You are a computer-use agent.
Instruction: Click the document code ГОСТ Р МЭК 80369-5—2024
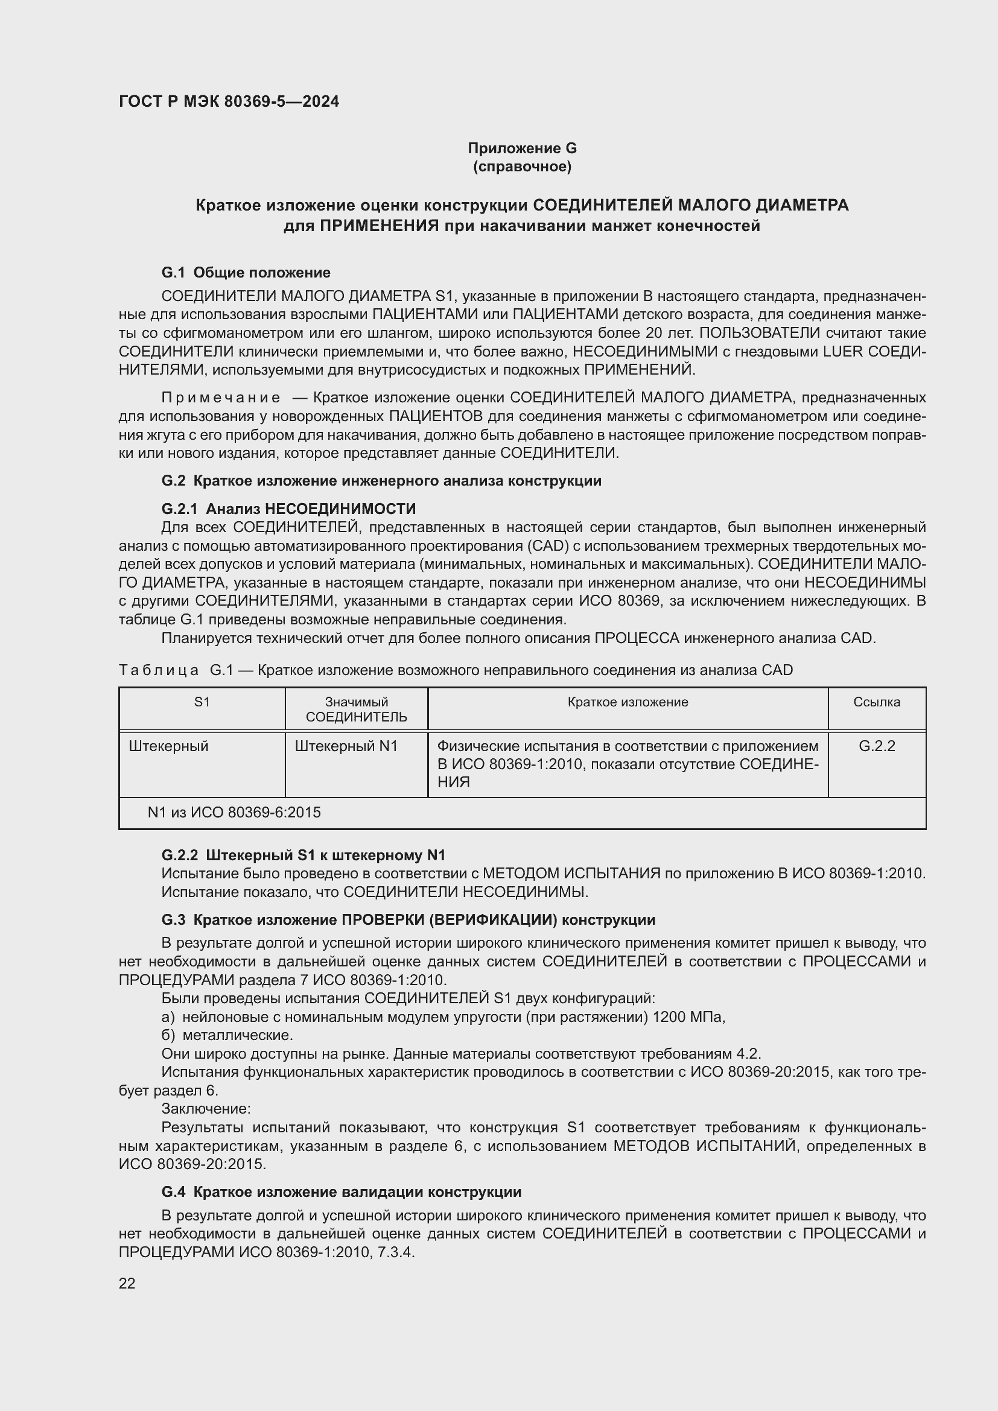click(229, 101)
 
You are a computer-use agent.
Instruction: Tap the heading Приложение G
click(522, 148)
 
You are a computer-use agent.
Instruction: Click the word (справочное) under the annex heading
click(522, 167)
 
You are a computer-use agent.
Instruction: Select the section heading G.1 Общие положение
click(246, 272)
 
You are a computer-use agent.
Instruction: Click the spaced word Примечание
click(221, 398)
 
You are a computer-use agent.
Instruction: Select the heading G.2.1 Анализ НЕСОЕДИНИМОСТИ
click(288, 509)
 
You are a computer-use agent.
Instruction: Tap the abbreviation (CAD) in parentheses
click(545, 546)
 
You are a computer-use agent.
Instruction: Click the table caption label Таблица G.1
click(176, 670)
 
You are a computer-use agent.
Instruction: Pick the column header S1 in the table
click(202, 702)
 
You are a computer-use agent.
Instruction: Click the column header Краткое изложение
click(628, 702)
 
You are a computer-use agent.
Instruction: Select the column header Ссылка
click(876, 702)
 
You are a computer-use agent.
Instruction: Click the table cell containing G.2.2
click(876, 746)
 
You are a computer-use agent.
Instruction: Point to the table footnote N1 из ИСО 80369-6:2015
click(234, 813)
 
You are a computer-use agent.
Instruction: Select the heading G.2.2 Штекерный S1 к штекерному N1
click(303, 855)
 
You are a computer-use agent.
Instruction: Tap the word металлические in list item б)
click(237, 1036)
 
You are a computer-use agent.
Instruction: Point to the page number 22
click(127, 1283)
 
